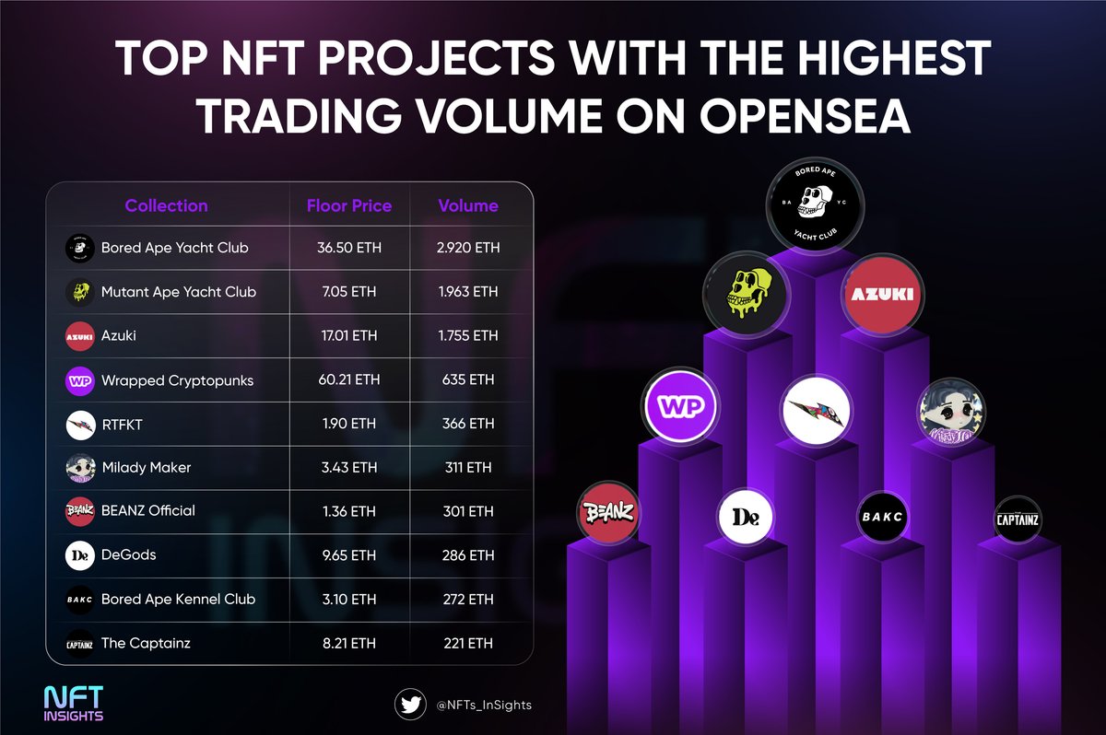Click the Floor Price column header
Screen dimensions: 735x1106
pos(349,205)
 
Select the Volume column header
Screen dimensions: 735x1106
pos(468,205)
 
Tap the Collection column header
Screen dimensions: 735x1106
pos(166,205)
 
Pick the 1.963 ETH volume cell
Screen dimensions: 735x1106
pos(468,292)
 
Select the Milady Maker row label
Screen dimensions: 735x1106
pos(146,467)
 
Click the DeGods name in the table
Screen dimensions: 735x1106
pos(128,554)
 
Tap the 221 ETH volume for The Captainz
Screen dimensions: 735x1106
pos(468,643)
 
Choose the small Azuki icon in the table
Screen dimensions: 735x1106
pos(81,336)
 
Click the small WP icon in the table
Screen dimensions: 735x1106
pos(81,380)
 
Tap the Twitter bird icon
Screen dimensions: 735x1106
pos(410,705)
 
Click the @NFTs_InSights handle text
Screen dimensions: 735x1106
pos(483,705)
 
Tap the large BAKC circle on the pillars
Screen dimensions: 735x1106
pos(882,518)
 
